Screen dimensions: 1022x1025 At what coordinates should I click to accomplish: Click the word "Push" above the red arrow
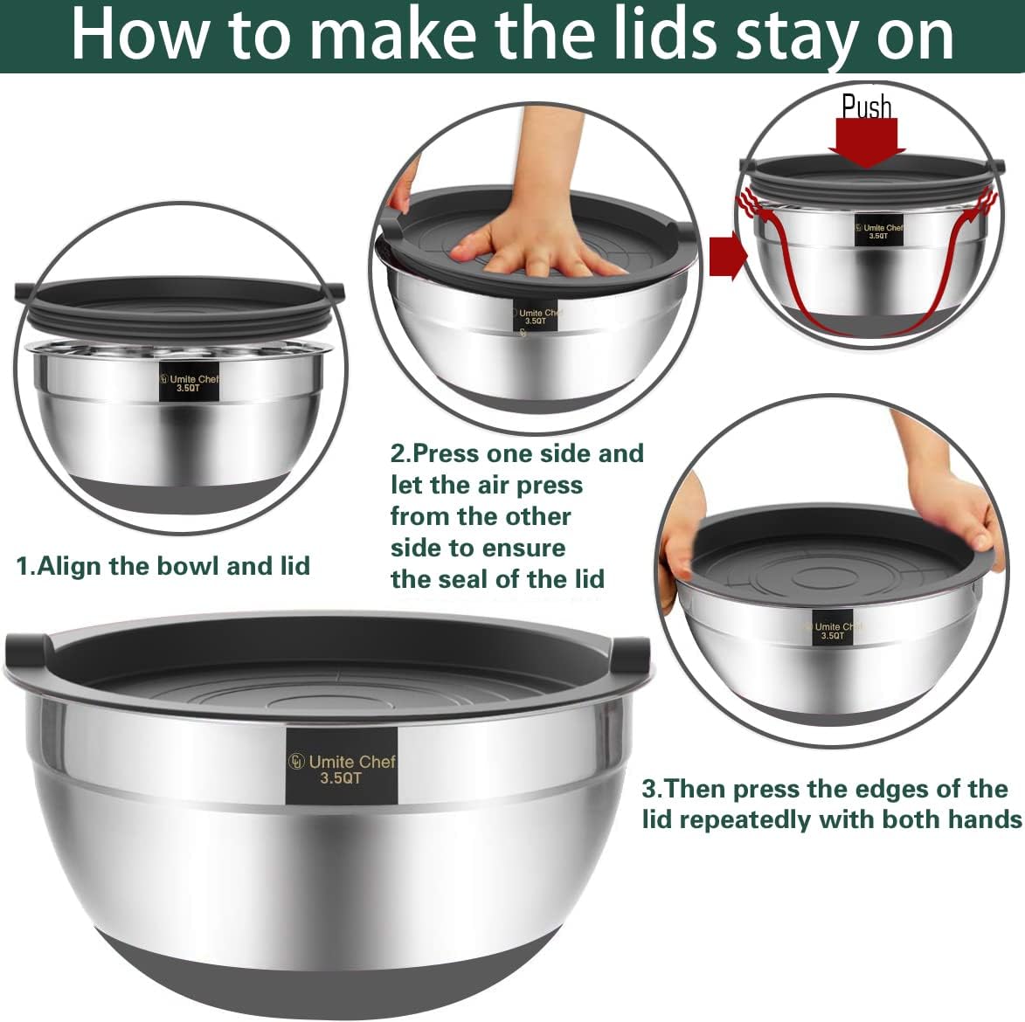(866, 107)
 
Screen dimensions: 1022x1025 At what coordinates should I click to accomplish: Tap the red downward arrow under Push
(866, 142)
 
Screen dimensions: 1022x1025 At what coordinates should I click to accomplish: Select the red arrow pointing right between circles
(729, 255)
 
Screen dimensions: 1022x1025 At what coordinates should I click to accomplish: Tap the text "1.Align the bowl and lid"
(163, 566)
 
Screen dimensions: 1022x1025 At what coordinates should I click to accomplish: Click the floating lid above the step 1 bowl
(179, 301)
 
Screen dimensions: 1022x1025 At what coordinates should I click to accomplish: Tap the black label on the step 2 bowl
(536, 316)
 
